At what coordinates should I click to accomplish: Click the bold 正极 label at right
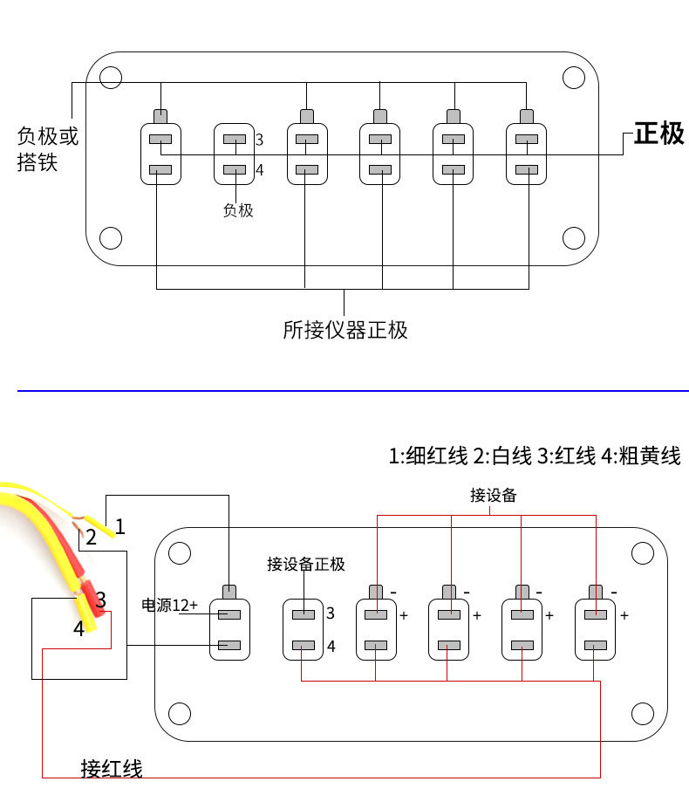(x=659, y=134)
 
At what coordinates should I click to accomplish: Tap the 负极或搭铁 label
(x=48, y=149)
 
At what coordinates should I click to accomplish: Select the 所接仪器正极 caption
(x=345, y=330)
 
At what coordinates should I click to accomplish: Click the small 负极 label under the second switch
(x=238, y=210)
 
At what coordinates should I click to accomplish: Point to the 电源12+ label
(x=169, y=605)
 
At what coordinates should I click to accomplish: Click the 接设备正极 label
(x=306, y=564)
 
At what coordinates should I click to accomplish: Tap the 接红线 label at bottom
(x=112, y=769)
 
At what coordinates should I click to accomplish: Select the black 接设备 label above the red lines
(x=493, y=495)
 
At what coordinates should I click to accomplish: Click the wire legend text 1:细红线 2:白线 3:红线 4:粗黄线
(x=535, y=456)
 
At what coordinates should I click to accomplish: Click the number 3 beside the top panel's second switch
(x=259, y=140)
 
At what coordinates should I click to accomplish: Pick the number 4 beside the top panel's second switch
(x=259, y=170)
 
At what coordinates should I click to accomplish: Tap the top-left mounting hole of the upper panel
(x=111, y=78)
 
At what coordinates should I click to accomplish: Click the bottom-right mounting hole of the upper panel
(x=574, y=237)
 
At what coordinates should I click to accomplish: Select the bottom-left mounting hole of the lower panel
(x=180, y=713)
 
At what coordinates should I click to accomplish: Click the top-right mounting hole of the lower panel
(x=643, y=553)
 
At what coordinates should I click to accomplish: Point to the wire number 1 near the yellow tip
(x=120, y=526)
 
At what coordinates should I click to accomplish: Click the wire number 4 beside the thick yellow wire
(x=79, y=628)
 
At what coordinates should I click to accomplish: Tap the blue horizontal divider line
(x=353, y=391)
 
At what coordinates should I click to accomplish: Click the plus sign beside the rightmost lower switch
(x=624, y=615)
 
